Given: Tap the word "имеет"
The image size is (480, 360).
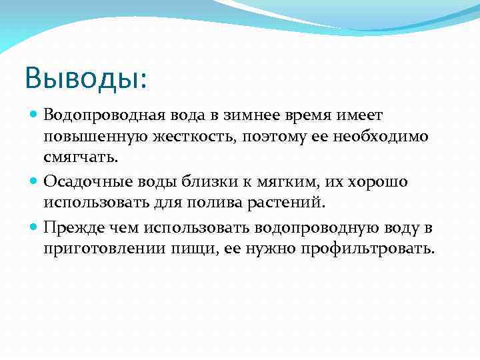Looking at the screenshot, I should [363, 117].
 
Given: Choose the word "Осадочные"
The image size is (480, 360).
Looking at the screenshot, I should [82, 182].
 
